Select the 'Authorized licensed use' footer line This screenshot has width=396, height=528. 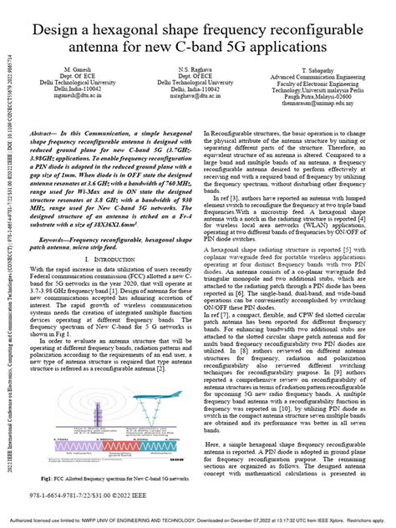coord(198,520)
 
